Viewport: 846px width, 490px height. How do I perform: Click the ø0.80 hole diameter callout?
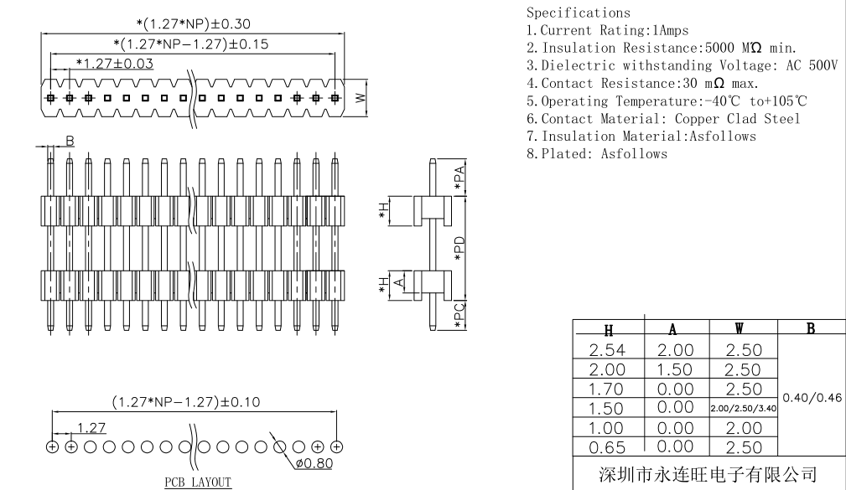pyautogui.click(x=312, y=463)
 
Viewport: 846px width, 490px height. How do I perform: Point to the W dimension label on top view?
pyautogui.click(x=361, y=97)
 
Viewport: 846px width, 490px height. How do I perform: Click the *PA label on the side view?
pyautogui.click(x=459, y=178)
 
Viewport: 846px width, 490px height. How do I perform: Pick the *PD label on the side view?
pyautogui.click(x=459, y=249)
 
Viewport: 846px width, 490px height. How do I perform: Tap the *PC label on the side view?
pyautogui.click(x=459, y=317)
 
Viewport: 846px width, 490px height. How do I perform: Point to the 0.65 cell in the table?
pyautogui.click(x=608, y=445)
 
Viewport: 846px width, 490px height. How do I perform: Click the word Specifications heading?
pyautogui.click(x=578, y=13)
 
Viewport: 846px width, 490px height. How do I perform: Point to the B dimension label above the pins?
pyautogui.click(x=70, y=142)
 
